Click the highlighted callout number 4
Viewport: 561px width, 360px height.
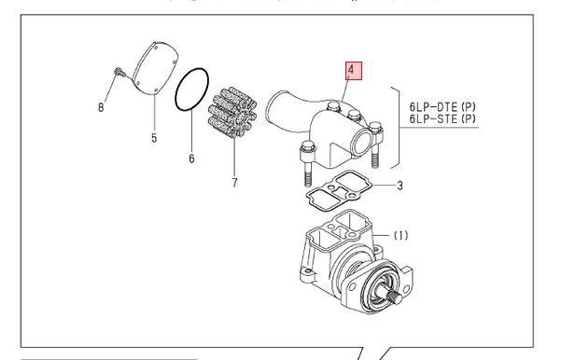point(354,71)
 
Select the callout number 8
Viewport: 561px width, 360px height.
point(101,107)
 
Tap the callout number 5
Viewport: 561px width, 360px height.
point(154,138)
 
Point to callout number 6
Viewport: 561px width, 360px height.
point(191,159)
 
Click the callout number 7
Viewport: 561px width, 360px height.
point(234,182)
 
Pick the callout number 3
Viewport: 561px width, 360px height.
point(400,186)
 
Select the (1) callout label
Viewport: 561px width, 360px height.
point(400,236)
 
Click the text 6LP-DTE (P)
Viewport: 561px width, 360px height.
point(442,107)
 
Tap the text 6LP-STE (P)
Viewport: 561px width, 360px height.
point(442,118)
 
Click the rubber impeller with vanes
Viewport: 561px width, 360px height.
point(233,113)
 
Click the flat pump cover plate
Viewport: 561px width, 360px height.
point(155,69)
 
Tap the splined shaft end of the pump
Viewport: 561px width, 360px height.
point(395,297)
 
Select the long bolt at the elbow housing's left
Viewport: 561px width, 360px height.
point(307,163)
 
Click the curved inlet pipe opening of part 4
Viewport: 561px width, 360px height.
point(274,106)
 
